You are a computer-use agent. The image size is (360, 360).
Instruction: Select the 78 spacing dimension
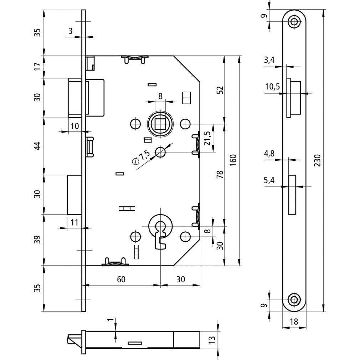pos(220,175)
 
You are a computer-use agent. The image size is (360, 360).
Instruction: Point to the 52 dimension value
pos(220,90)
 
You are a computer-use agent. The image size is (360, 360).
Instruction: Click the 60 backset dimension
pos(121,279)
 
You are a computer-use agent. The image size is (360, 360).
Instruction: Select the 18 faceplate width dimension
pos(294,321)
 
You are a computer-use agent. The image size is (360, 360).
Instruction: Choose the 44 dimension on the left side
pos(37,146)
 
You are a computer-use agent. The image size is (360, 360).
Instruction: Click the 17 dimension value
pos(37,67)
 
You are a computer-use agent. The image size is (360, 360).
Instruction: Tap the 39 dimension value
pos(37,240)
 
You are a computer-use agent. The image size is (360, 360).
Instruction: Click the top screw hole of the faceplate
pos(294,21)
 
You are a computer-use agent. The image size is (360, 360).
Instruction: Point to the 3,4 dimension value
pos(269,60)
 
